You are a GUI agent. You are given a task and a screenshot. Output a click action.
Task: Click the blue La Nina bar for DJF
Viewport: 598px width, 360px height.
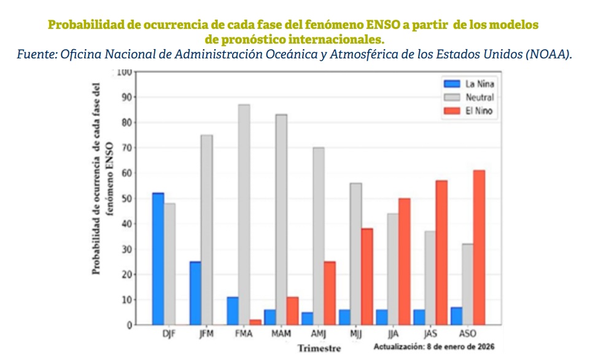pos(158,259)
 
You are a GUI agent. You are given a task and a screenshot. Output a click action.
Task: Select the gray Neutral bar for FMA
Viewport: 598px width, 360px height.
pos(244,214)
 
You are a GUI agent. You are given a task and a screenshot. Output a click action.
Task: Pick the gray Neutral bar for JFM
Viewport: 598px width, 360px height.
pos(207,230)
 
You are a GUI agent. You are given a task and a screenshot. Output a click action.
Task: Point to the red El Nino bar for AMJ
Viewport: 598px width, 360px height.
pos(330,293)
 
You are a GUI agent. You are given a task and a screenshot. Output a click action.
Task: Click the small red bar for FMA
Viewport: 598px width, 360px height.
pos(256,322)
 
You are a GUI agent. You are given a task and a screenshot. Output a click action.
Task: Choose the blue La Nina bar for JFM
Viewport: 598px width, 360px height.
pos(195,293)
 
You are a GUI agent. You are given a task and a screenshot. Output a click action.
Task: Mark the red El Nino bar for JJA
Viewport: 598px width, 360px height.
pos(405,262)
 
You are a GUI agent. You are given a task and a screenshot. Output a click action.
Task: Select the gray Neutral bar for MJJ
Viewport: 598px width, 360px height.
pos(355,254)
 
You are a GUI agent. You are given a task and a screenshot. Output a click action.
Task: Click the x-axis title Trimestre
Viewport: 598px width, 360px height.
pos(320,348)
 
